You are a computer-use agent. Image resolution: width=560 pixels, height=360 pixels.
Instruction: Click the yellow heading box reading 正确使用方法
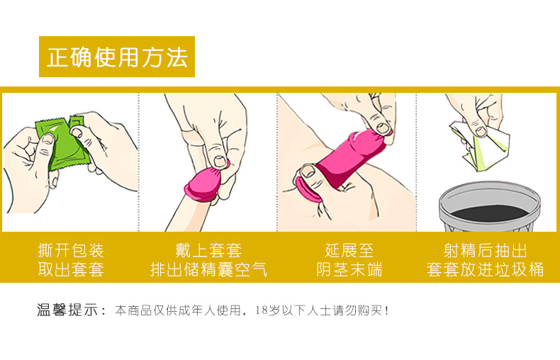(x=117, y=57)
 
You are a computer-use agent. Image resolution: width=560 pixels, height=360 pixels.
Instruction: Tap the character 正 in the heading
(x=58, y=57)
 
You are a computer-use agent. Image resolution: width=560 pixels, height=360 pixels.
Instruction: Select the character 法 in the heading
(x=177, y=57)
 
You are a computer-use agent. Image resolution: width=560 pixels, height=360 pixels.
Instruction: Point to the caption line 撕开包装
(x=71, y=250)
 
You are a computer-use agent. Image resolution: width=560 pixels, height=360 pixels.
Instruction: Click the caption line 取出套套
(x=71, y=269)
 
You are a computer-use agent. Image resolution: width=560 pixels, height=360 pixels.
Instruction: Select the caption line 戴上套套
(x=208, y=250)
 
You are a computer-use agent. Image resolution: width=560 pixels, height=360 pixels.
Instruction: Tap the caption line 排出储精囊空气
(x=208, y=269)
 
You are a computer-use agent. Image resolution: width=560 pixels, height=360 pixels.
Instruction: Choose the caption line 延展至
(x=349, y=250)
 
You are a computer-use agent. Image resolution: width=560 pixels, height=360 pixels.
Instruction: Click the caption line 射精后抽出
(x=485, y=250)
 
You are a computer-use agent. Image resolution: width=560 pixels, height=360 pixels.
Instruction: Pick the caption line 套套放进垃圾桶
(x=485, y=269)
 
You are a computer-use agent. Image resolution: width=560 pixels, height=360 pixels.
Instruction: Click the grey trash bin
(x=489, y=206)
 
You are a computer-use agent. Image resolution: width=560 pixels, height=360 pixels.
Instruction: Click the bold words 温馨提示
(x=67, y=310)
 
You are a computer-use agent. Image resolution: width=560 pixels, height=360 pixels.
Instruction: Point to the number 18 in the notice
(x=261, y=310)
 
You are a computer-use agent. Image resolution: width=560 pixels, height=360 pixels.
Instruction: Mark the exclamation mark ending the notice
(x=387, y=310)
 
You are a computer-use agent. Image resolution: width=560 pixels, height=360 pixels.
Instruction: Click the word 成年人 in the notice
(x=197, y=310)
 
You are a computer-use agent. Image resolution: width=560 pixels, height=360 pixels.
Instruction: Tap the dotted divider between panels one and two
(x=138, y=162)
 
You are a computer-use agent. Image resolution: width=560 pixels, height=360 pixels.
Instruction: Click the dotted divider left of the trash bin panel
(x=416, y=162)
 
